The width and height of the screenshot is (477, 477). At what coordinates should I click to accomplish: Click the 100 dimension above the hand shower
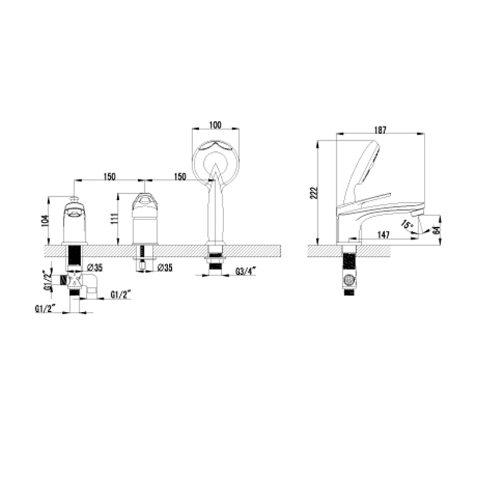[215, 125]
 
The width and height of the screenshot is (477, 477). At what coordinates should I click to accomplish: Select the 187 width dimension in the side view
[380, 130]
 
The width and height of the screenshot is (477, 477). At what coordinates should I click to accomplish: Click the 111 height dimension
[114, 219]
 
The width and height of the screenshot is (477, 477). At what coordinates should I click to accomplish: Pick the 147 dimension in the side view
[383, 235]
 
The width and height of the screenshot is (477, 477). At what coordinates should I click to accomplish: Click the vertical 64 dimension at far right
[436, 230]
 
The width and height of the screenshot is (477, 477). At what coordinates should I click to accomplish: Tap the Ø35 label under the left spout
[95, 268]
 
